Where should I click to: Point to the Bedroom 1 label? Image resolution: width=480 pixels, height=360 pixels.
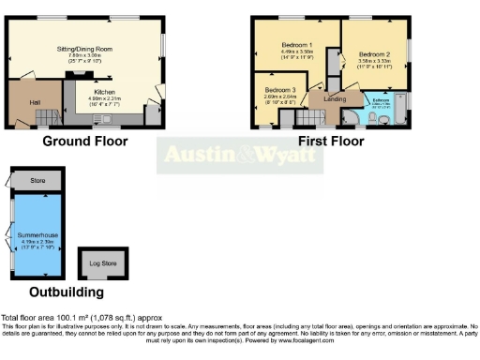295,46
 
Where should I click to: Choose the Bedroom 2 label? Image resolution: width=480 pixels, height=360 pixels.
373,54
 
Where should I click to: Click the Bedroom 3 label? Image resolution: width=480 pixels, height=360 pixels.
278,89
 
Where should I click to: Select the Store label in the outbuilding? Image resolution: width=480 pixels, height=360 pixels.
37,180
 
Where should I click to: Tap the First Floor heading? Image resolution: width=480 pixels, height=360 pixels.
331,142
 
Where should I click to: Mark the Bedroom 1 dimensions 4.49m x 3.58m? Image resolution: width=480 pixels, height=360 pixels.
295,54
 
